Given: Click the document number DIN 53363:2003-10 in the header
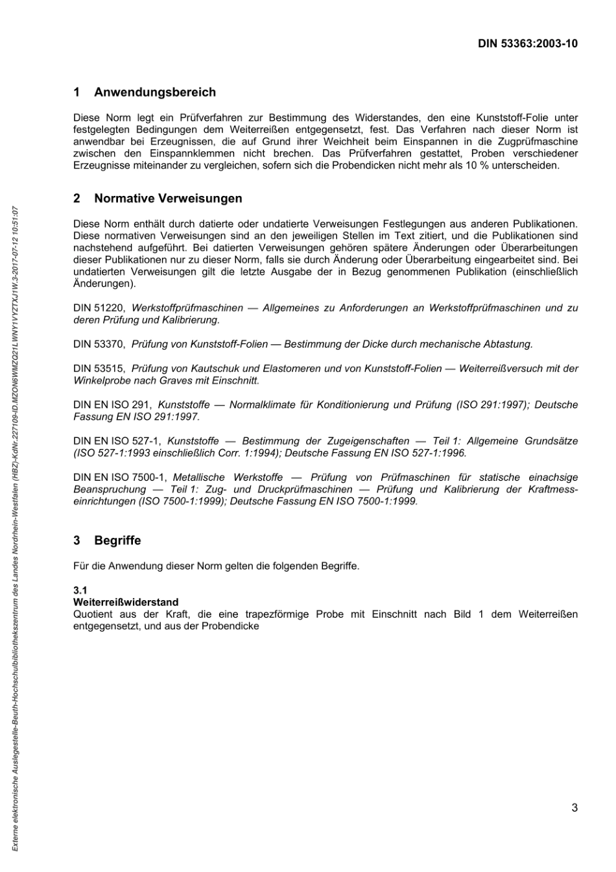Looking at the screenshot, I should pos(527,44).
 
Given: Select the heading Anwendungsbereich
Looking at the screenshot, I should pos(155,93).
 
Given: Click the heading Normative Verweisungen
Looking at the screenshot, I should pos(168,199).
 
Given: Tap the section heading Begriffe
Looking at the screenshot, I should pos(117,540).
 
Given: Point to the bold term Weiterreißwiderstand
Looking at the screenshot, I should pos(126,602).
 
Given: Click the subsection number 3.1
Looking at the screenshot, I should pos(80,590).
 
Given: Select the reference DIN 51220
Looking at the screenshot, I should pos(99,308).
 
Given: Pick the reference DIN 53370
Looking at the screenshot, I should pos(99,345).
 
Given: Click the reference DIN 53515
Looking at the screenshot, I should pos(99,369).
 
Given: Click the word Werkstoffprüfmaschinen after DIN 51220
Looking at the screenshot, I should pos(187,308).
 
